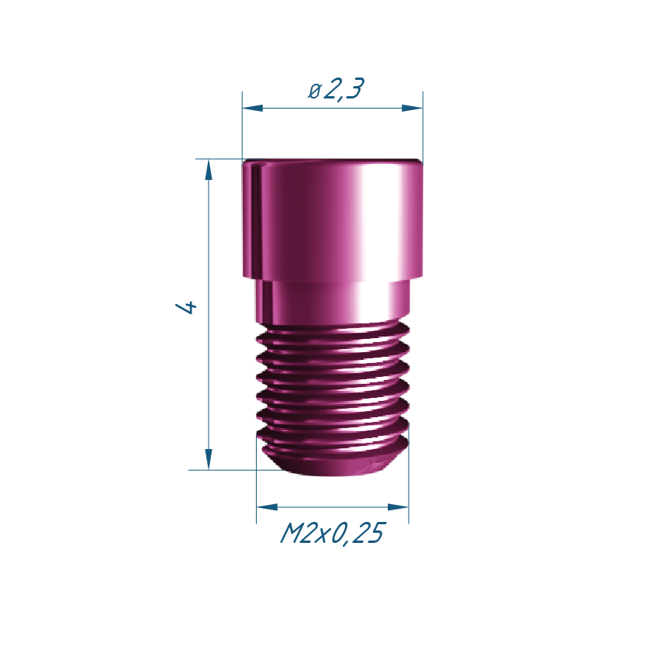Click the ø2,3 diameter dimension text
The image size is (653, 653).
coord(336,88)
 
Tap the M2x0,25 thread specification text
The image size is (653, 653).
coord(333,533)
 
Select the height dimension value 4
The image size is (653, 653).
coord(185,307)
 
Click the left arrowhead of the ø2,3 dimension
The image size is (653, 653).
coord(253,109)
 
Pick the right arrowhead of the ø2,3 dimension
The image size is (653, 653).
coord(413,109)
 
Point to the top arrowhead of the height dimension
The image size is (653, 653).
coord(209,170)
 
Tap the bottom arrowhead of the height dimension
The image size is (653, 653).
coord(209,459)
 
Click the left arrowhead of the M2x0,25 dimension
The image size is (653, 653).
coord(267,507)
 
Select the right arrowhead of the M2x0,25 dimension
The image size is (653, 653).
coord(398,507)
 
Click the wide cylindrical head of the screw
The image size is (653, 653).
coord(333,219)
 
